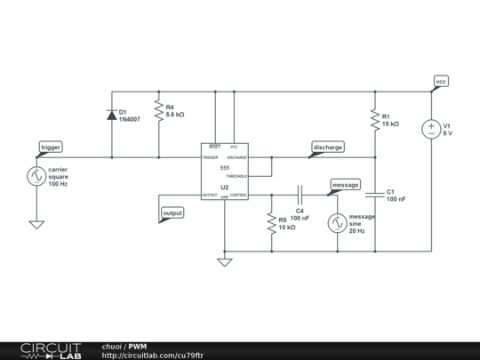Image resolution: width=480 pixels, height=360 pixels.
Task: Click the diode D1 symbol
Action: point(112,114)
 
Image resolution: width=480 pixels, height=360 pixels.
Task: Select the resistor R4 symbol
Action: point(158,110)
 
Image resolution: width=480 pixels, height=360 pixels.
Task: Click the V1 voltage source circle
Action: point(431,130)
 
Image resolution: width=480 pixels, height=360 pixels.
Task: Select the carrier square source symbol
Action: point(36,176)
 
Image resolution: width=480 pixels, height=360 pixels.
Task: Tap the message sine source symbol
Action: point(338,223)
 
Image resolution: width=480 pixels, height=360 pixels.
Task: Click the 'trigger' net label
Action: point(51,147)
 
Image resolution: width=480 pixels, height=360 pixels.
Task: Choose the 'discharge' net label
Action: point(327,147)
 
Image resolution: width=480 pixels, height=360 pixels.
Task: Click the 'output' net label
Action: point(172,213)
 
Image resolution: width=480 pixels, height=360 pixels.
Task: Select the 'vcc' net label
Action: point(441,81)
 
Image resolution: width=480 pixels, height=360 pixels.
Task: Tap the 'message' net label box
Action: point(345,184)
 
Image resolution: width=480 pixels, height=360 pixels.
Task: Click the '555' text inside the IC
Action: point(225,167)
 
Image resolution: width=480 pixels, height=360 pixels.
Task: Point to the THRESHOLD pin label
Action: point(236,176)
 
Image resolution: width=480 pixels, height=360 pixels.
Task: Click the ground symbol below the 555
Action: point(225,261)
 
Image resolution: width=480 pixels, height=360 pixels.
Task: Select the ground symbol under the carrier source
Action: point(36,224)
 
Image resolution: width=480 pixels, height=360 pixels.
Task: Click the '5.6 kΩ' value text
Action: point(175,115)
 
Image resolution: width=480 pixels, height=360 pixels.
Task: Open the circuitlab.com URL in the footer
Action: point(153,355)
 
